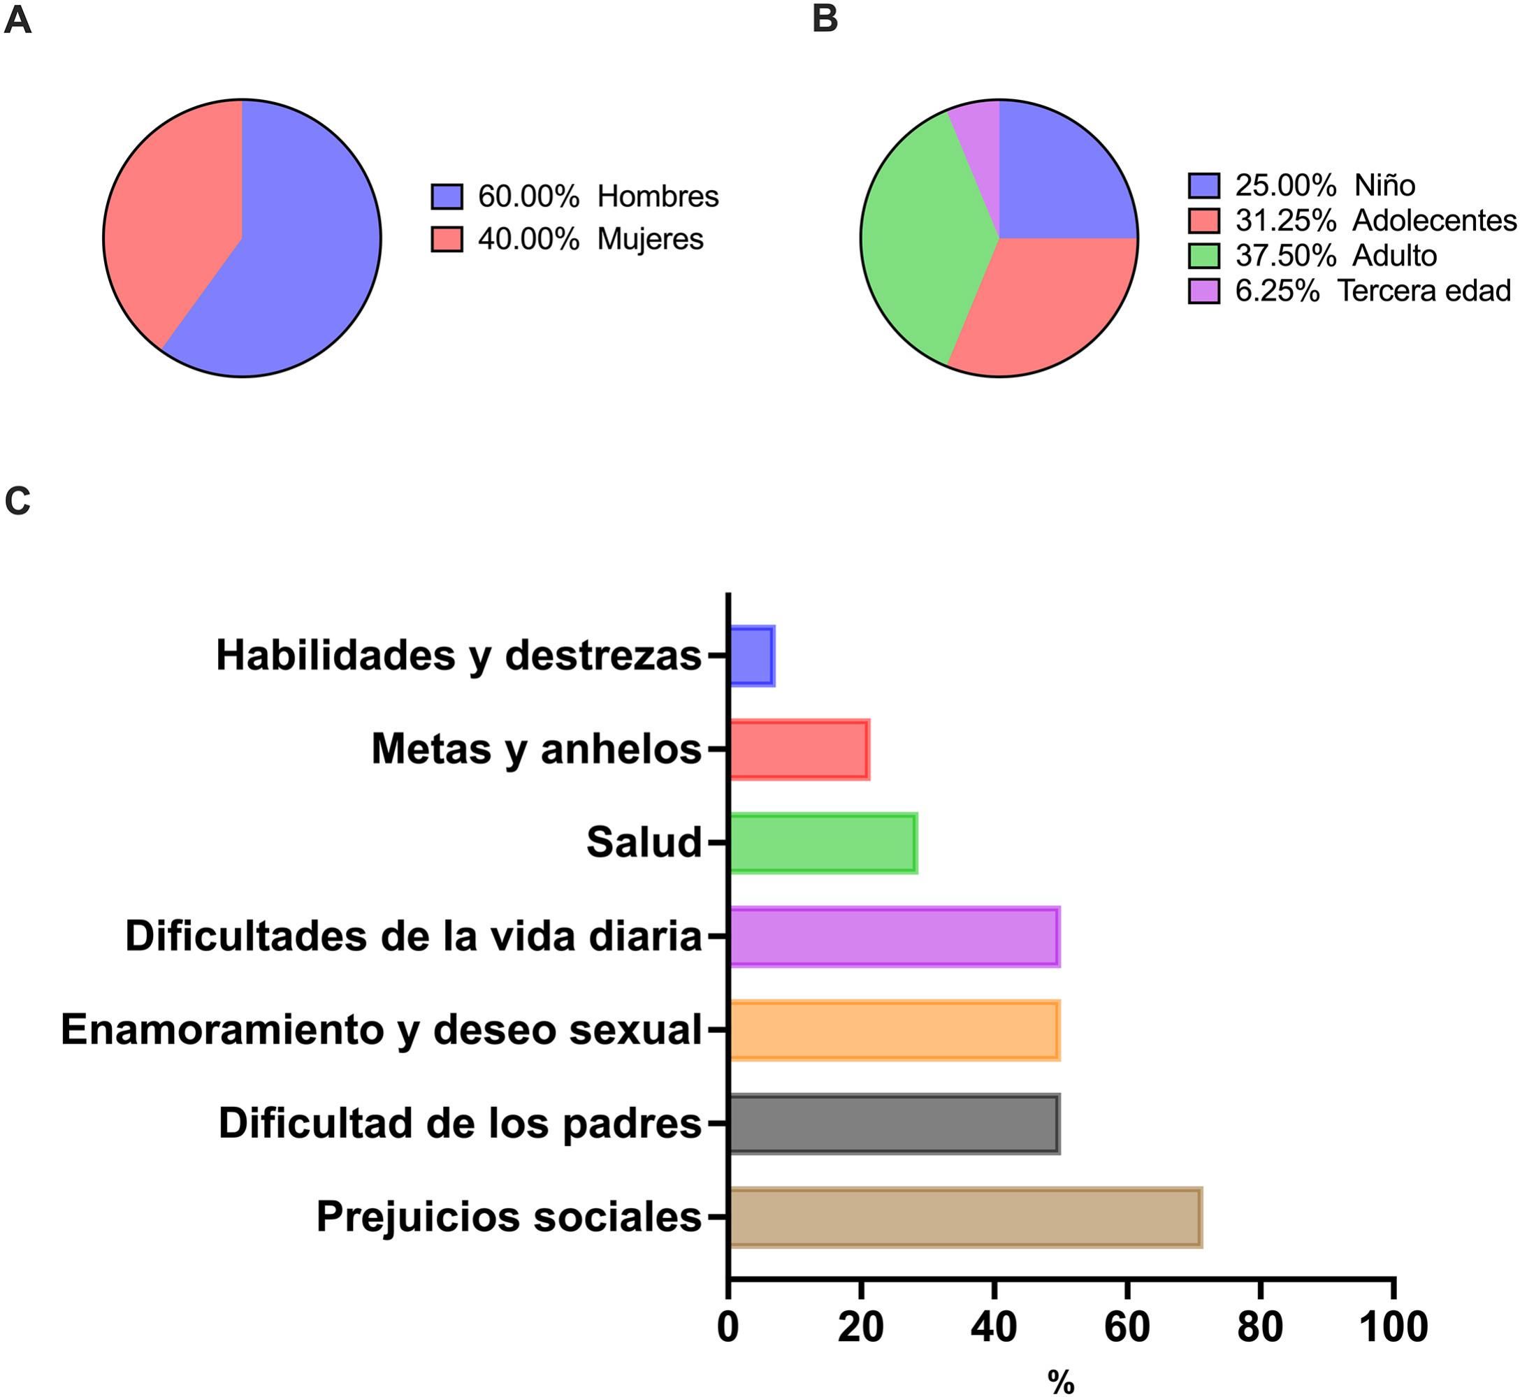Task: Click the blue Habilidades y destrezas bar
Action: coord(752,656)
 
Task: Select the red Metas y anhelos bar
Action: coord(799,749)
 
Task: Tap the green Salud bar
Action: coord(823,843)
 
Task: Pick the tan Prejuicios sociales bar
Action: coord(965,1217)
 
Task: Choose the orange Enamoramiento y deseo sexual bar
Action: coord(894,1029)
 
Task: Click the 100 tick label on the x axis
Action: coord(1393,1326)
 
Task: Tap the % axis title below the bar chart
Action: coord(1061,1382)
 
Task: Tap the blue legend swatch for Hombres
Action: coord(447,196)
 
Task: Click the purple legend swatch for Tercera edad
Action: coord(1204,291)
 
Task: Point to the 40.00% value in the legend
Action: coord(528,240)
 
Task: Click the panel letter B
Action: coord(825,20)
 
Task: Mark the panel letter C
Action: coord(17,500)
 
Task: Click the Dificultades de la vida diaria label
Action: coord(414,936)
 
